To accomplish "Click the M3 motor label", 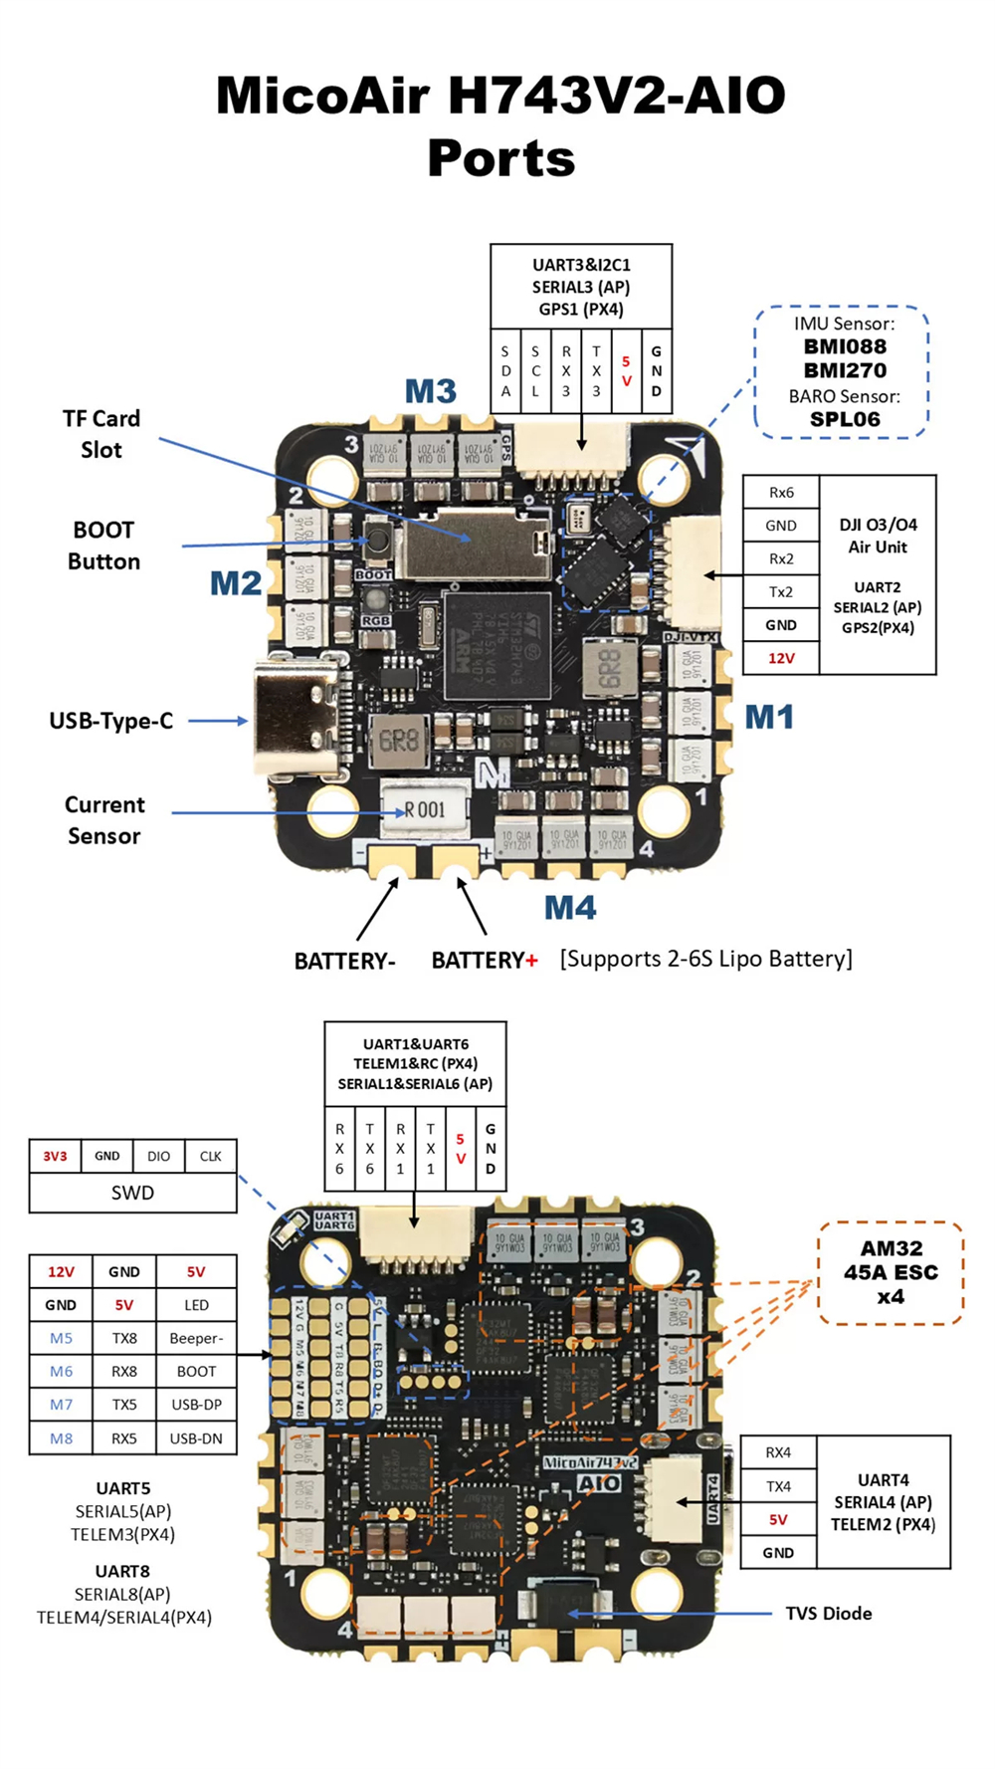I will tap(430, 391).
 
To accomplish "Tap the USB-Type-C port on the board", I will tap(296, 720).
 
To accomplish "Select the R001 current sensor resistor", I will tap(425, 809).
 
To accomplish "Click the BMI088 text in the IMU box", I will tap(845, 346).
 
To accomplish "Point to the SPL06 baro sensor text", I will tap(845, 419).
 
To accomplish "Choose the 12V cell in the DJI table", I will tap(781, 658).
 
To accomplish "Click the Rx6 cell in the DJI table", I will tap(781, 493).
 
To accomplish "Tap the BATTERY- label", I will tap(344, 961).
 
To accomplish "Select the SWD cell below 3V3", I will tap(132, 1193).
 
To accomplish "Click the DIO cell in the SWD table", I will tap(158, 1156).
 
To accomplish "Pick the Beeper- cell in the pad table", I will tap(196, 1338).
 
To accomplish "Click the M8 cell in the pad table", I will tap(61, 1438).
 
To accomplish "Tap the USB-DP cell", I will tap(196, 1405).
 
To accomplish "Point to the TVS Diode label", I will tap(828, 1614).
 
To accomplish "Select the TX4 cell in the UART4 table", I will tap(778, 1486).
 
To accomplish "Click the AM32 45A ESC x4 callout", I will tap(891, 1272).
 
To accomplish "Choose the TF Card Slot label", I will tap(101, 434).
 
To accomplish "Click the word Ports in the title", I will tap(501, 158).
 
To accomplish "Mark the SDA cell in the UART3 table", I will tap(505, 371).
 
